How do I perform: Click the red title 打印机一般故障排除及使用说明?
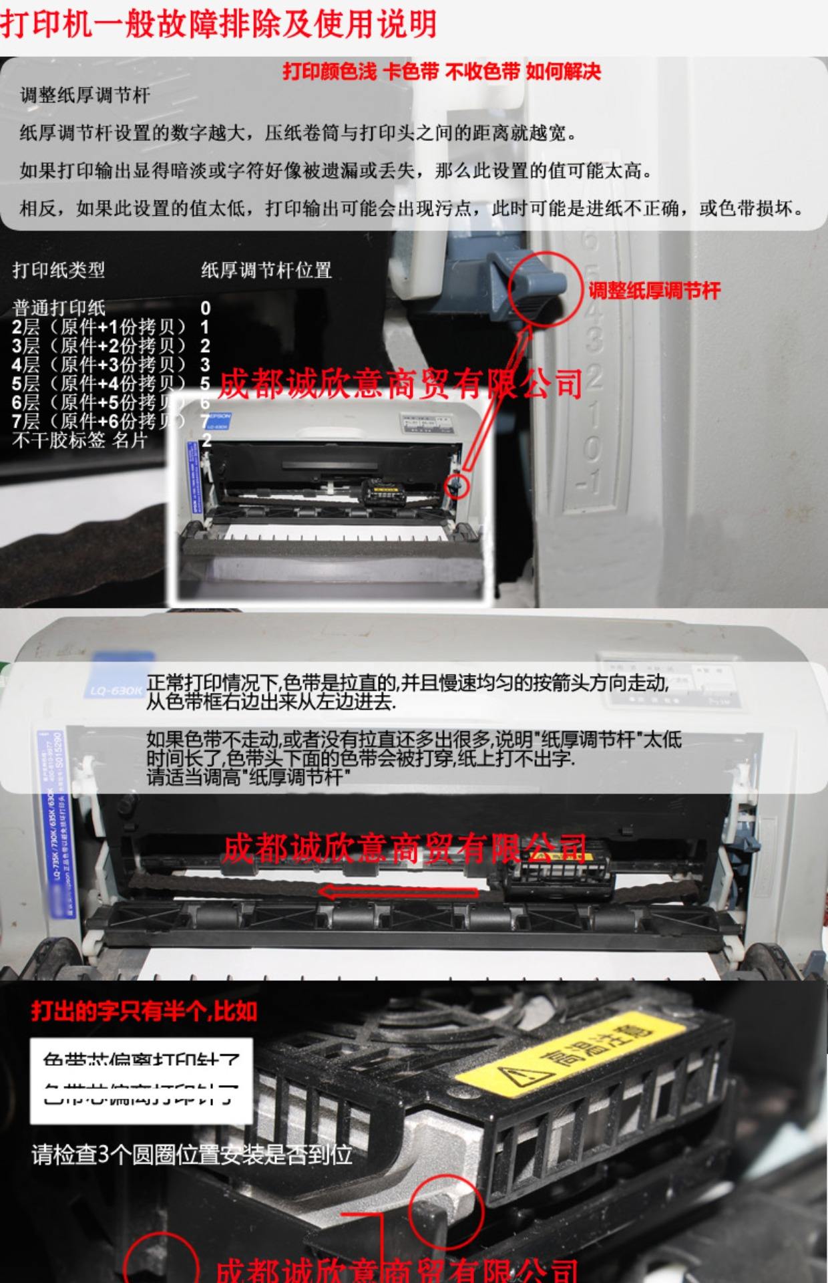[218, 25]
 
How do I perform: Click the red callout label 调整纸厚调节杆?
[654, 291]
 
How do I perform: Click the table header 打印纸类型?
[59, 270]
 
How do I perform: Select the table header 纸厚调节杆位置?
[266, 270]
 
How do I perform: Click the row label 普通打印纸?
[59, 308]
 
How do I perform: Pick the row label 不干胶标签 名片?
[79, 440]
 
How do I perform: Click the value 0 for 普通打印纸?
[206, 308]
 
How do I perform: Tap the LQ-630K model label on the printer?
[115, 689]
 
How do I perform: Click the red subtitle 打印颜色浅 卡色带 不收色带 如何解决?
[441, 72]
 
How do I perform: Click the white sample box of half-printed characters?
[141, 1081]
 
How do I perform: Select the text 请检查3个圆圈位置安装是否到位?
[192, 1154]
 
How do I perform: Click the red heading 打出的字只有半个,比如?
[144, 1011]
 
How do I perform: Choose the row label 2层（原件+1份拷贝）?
[98, 327]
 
